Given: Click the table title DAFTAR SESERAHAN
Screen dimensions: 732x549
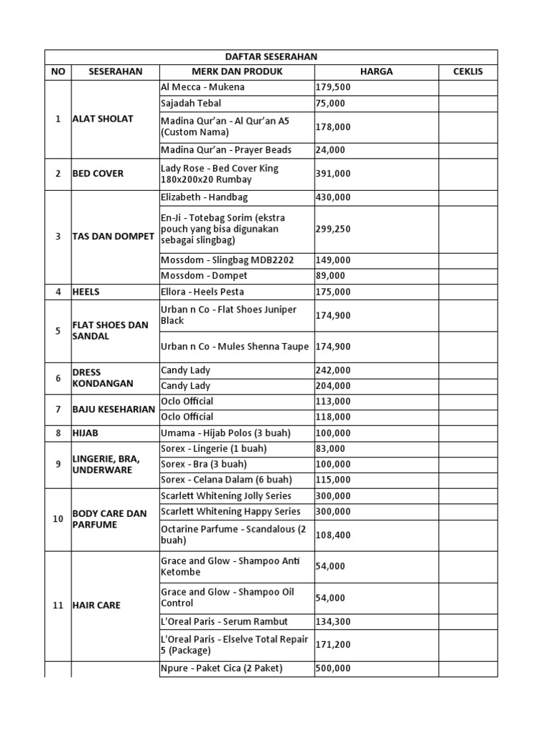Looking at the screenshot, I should (271, 56).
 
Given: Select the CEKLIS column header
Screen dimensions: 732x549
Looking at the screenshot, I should (468, 71).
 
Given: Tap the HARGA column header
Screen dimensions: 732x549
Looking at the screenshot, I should (376, 71).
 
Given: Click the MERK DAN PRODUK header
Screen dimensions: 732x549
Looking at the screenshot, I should (237, 71).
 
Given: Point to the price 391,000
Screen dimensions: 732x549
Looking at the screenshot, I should (332, 174).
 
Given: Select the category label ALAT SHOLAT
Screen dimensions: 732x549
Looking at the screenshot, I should (103, 119).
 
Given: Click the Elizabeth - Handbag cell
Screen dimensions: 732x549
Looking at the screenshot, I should (204, 197).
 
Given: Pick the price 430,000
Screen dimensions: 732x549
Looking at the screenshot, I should (332, 197).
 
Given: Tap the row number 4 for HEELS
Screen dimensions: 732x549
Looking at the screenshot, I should (58, 292).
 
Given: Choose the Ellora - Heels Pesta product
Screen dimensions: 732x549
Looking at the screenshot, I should (202, 292).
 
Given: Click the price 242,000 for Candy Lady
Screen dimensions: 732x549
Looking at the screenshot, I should (332, 370).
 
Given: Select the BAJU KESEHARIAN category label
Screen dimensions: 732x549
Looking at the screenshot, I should (114, 409).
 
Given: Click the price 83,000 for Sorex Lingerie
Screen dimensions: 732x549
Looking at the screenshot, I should (330, 449).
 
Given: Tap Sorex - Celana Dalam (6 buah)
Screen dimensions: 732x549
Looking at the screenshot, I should (227, 480).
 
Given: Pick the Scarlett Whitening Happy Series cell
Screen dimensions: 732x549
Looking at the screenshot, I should (231, 512).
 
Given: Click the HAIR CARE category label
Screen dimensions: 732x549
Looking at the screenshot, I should (97, 605).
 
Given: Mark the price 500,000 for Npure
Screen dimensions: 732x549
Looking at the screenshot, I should (332, 668).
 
